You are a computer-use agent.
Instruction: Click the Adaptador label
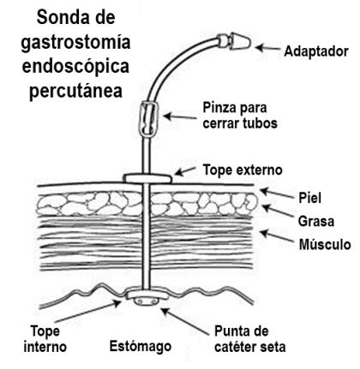(316, 51)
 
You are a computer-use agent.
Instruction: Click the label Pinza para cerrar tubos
(240, 116)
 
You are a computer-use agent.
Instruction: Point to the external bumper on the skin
(148, 179)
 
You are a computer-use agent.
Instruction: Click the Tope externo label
(243, 170)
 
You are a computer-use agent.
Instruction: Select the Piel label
(310, 198)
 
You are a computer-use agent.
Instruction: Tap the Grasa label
(316, 221)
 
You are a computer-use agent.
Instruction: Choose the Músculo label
(325, 245)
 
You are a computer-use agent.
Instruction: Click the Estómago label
(141, 346)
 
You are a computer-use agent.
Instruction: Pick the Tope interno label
(45, 339)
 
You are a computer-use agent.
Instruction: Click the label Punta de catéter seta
(250, 339)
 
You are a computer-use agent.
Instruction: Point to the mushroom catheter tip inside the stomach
(147, 301)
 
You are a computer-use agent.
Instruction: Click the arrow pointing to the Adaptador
(268, 48)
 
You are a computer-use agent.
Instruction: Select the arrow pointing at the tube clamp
(180, 116)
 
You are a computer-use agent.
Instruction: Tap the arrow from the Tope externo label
(184, 171)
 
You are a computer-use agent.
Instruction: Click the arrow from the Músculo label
(276, 236)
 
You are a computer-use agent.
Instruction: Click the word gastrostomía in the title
(76, 43)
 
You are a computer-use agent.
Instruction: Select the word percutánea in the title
(76, 91)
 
